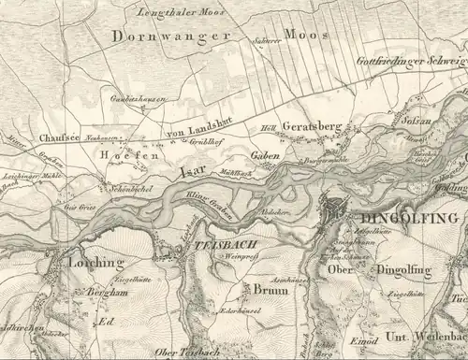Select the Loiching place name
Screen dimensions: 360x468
pos(95,264)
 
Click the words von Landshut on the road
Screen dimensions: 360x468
pos(195,132)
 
